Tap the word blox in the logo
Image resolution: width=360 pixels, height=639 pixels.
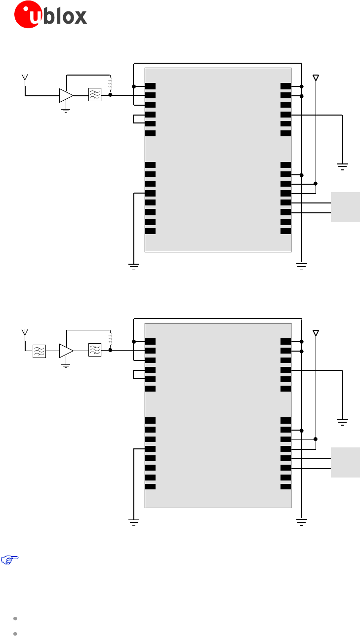(x=65, y=16)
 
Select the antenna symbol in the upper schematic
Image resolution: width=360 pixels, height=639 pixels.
(x=24, y=78)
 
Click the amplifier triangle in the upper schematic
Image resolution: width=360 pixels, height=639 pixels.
(x=66, y=95)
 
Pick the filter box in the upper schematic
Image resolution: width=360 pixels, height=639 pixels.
(x=94, y=95)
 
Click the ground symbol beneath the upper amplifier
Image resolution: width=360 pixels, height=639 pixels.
(x=66, y=111)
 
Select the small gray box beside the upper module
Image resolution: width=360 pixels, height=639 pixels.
(x=345, y=207)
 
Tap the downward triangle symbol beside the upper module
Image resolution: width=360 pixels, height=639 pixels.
(x=316, y=78)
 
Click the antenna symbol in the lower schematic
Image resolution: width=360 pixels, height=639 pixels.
(x=24, y=333)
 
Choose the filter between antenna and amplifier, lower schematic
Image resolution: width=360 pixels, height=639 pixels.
(x=39, y=351)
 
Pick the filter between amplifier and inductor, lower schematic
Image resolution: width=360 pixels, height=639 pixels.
(x=94, y=350)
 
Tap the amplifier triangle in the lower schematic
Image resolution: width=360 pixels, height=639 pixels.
(x=66, y=351)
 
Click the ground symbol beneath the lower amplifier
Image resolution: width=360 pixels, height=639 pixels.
(x=66, y=366)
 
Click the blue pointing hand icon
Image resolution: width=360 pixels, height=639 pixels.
(x=9, y=560)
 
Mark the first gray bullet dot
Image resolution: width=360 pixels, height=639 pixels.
(x=16, y=618)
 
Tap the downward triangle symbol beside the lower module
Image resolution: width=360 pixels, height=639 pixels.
(x=316, y=333)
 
